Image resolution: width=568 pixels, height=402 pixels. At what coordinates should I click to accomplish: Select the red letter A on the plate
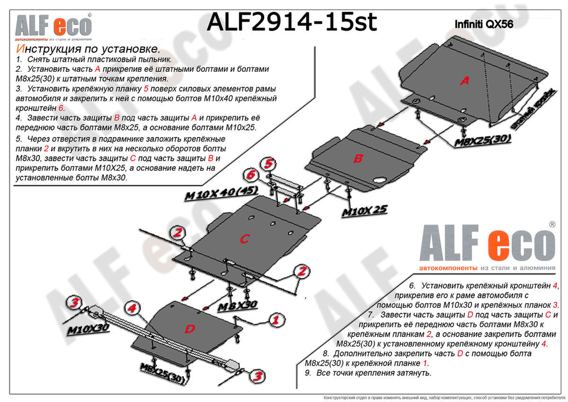tap(465, 81)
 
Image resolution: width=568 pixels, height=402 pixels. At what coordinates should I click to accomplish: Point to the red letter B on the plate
tap(357, 159)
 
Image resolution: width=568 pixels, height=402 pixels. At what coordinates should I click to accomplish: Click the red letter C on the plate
tap(244, 239)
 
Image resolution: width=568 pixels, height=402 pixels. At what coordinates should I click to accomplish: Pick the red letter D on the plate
tap(189, 329)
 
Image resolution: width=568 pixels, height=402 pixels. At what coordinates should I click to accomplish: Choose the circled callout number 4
tap(131, 309)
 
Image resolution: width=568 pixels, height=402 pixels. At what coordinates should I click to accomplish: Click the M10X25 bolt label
tap(364, 211)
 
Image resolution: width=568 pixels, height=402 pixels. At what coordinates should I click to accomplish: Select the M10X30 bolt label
tap(89, 329)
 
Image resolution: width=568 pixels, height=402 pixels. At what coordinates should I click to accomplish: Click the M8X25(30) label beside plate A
tap(482, 140)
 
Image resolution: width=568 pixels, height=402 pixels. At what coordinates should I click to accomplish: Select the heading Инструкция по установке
tap(85, 50)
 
